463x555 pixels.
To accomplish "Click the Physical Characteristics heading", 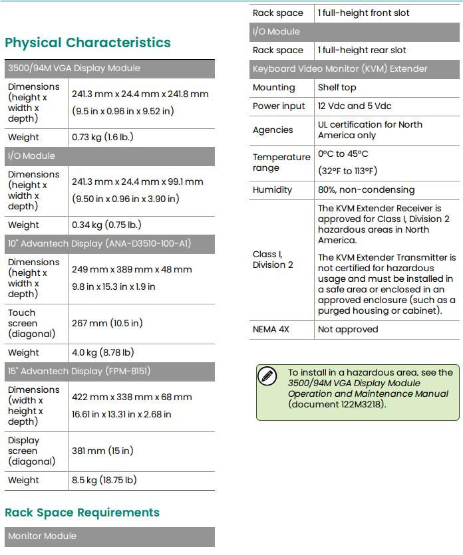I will click(88, 43).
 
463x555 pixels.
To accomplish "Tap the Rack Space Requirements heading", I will click(82, 512).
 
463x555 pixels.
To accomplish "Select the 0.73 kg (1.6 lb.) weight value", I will click(102, 138).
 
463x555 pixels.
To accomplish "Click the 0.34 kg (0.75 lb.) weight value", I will click(106, 225).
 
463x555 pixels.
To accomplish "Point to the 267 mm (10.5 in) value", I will click(107, 324).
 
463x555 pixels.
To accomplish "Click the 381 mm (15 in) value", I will click(102, 451).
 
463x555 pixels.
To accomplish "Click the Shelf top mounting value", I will click(337, 88).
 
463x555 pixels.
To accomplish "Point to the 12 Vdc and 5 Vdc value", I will click(355, 106).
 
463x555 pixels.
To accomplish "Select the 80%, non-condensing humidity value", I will click(366, 190).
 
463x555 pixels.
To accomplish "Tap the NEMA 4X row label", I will click(271, 330).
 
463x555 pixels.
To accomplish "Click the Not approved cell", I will click(348, 330).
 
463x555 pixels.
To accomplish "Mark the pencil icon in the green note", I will click(267, 376).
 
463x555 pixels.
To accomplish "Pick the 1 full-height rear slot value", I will click(362, 51).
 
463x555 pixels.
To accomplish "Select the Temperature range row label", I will click(281, 163).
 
